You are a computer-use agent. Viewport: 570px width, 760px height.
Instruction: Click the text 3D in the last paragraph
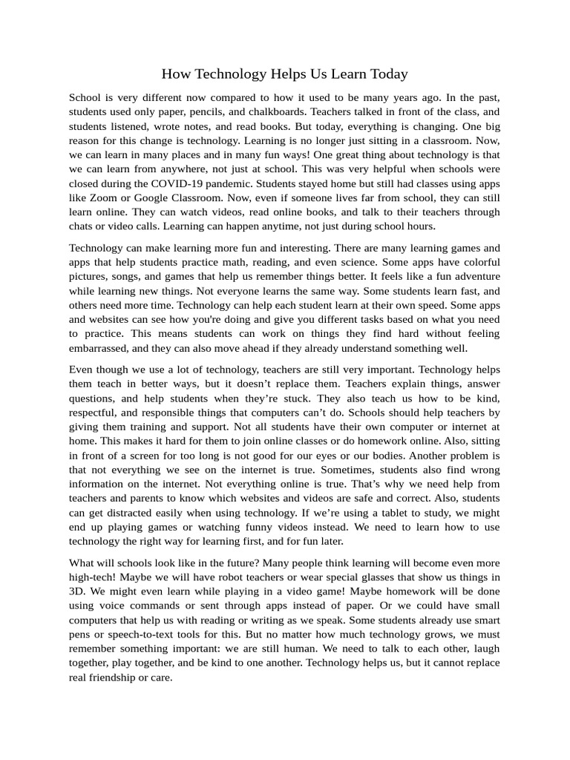(77, 592)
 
